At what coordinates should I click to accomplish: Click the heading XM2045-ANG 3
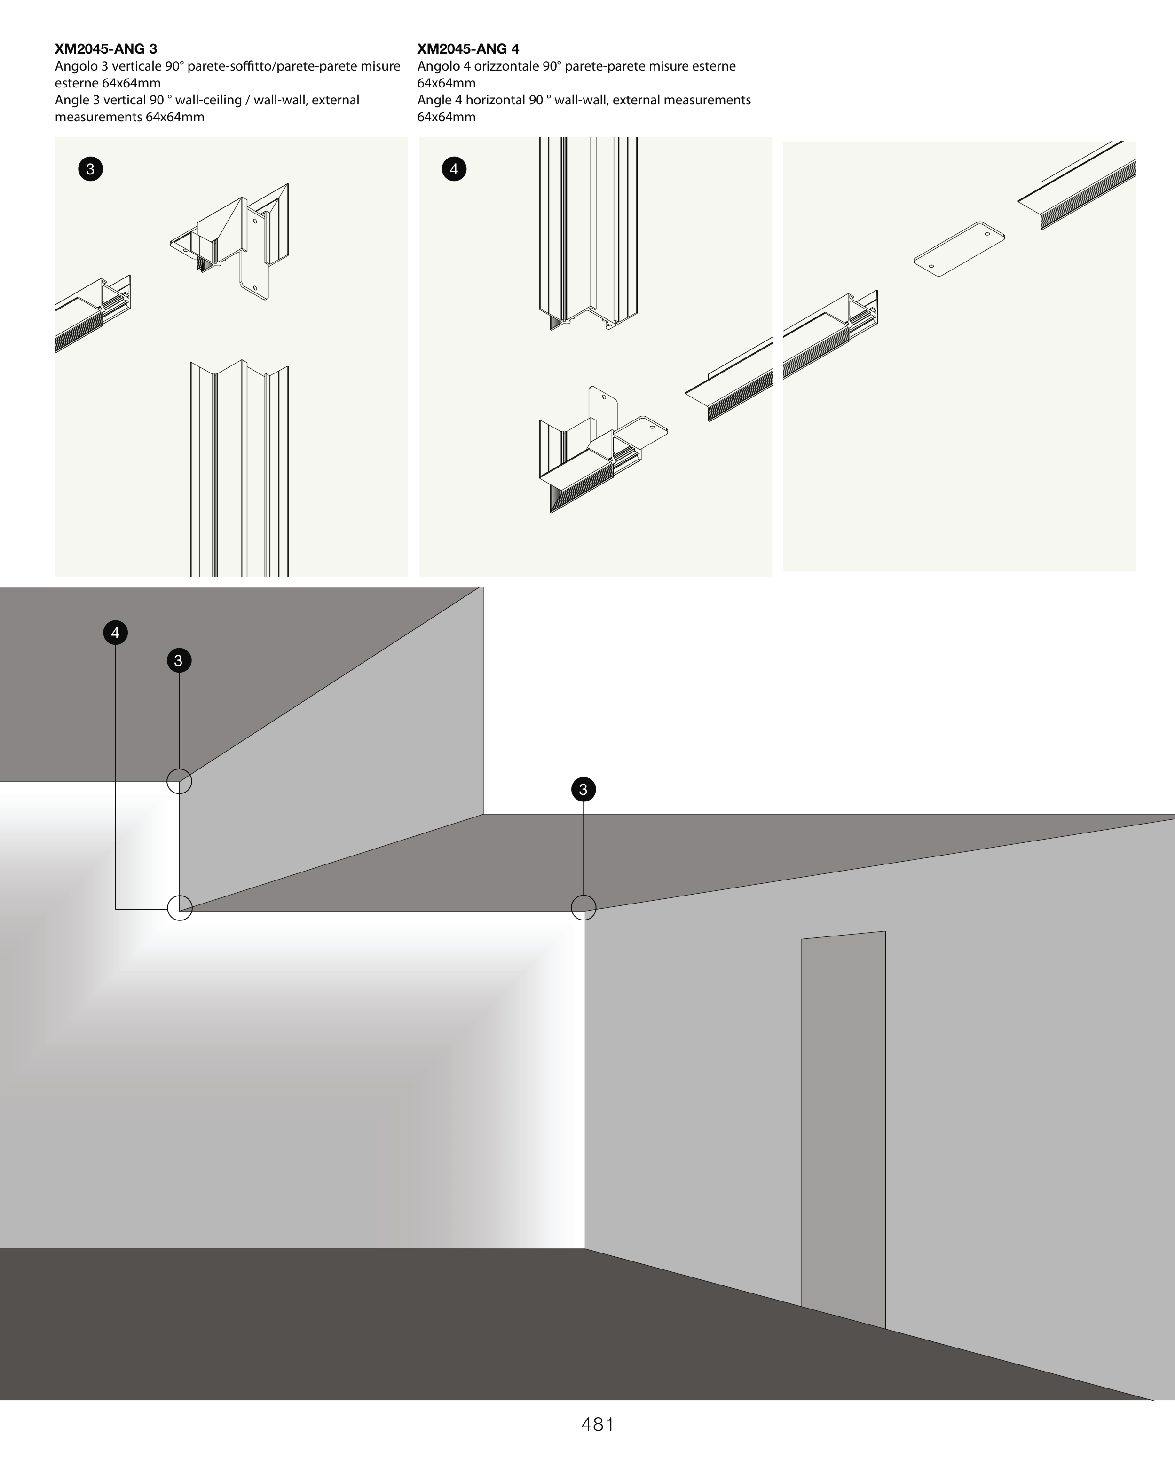(x=106, y=49)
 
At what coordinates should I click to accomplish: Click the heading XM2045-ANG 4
(x=468, y=49)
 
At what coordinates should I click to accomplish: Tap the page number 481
(x=598, y=1424)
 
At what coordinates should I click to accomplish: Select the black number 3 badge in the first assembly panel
(x=90, y=168)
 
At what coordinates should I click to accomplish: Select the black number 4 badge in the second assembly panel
(x=454, y=168)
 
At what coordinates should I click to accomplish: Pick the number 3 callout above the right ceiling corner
(x=584, y=789)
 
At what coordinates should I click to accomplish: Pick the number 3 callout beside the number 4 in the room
(x=179, y=660)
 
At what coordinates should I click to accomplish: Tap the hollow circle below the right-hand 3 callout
(x=584, y=895)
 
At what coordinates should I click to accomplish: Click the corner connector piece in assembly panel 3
(x=230, y=241)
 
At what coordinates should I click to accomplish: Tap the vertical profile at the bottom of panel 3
(x=239, y=468)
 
